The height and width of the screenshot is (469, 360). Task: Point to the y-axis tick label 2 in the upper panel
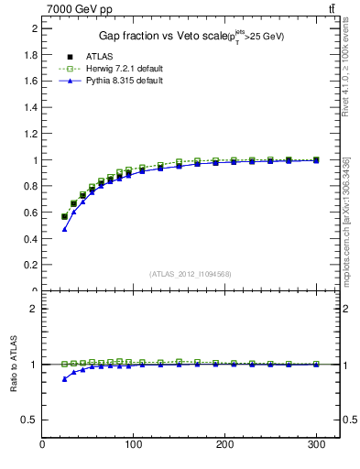[34, 28]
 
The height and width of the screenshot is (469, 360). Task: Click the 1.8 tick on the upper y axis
[29, 55]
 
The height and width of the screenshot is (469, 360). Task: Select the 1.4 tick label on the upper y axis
[29, 107]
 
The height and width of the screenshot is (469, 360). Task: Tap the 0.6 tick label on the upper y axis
[29, 213]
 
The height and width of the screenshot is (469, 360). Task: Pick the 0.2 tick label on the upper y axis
[29, 265]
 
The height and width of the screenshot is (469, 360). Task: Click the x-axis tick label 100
[134, 446]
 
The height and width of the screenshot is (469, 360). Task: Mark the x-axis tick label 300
[315, 446]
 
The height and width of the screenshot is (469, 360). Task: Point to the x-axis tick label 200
[224, 446]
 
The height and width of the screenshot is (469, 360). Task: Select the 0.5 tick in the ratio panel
[29, 420]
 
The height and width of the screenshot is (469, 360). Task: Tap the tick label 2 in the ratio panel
[34, 309]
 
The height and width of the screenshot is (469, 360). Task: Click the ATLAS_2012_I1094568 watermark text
[191, 274]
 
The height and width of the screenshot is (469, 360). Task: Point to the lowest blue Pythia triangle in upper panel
[64, 229]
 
